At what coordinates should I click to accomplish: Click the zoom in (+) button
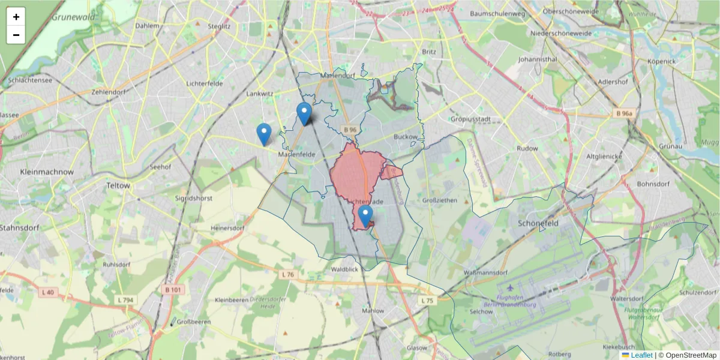(x=16, y=17)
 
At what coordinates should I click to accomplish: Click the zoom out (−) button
(x=16, y=35)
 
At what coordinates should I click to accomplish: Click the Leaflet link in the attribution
(x=641, y=355)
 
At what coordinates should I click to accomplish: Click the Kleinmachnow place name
(x=47, y=172)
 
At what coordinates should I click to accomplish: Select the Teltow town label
(x=117, y=185)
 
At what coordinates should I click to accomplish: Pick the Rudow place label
(x=527, y=148)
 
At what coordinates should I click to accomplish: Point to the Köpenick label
(x=661, y=61)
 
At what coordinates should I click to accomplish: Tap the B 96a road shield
(x=626, y=113)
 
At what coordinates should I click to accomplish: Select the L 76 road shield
(x=288, y=274)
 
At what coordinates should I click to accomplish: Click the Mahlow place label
(x=373, y=311)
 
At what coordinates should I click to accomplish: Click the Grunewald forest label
(x=73, y=17)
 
